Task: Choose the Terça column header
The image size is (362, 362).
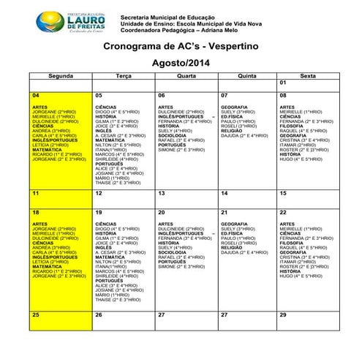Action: [x=123, y=75]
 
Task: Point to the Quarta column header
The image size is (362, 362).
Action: [x=186, y=75]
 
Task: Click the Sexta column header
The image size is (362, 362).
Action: [x=308, y=75]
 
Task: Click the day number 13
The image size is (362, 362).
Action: [x=162, y=193]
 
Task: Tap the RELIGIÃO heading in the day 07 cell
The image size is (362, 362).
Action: [x=231, y=131]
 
